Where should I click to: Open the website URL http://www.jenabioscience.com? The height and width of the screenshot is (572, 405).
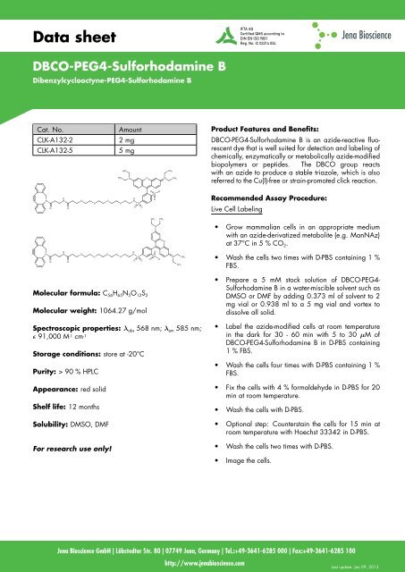[202, 563]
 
